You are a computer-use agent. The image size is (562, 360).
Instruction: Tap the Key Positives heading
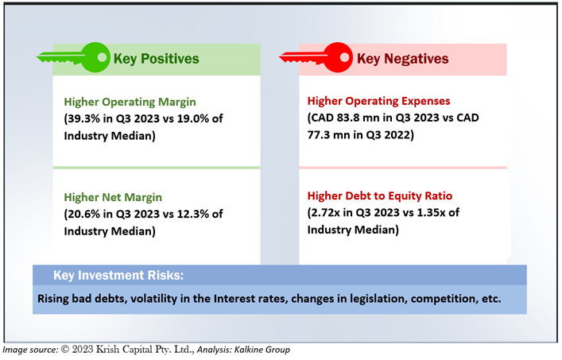(x=157, y=59)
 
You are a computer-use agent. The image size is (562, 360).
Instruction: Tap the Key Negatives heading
(x=402, y=59)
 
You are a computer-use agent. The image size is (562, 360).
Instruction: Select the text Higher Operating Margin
(x=130, y=102)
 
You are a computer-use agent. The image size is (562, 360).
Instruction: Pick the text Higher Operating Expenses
(x=378, y=102)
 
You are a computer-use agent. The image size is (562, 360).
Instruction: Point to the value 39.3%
(x=83, y=118)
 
